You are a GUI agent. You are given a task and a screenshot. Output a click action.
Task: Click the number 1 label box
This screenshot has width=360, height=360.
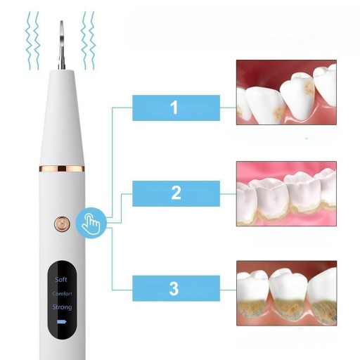click(x=176, y=108)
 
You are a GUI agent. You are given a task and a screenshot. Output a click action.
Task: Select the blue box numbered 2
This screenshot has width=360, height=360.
click(x=176, y=193)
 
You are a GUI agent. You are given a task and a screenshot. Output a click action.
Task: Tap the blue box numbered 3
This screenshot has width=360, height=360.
click(x=176, y=288)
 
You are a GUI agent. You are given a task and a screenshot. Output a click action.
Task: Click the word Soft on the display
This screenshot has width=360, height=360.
click(x=61, y=279)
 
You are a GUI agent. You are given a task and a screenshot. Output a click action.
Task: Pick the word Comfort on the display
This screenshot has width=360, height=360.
click(x=62, y=294)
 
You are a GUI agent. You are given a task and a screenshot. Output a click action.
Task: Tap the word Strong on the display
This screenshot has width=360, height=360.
click(x=62, y=307)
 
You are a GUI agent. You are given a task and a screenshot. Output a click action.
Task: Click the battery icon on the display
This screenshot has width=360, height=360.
click(x=62, y=321)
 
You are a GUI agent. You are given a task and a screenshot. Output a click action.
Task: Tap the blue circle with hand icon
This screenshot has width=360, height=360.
click(x=91, y=223)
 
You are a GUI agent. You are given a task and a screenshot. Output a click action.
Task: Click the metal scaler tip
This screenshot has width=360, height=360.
click(x=62, y=45)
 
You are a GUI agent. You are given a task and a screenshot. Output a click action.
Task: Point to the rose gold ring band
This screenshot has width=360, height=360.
click(x=62, y=169)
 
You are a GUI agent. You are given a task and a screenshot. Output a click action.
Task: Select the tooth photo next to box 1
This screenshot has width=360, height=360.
click(x=286, y=92)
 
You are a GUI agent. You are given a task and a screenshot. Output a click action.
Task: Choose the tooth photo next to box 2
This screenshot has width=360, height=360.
click(x=286, y=193)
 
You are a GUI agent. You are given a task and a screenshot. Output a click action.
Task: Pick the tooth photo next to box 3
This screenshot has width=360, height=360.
click(x=286, y=293)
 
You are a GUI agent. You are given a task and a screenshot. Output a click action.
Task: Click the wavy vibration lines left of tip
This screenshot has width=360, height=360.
click(x=32, y=40)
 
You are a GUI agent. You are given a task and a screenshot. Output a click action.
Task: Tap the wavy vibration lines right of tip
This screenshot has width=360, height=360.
click(x=88, y=40)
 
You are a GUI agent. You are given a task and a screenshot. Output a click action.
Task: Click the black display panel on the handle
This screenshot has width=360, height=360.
click(x=62, y=300)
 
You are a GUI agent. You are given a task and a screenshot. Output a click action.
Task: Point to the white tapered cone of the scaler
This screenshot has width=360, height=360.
click(x=62, y=117)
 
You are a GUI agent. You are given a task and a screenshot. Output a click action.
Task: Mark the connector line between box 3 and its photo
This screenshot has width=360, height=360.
click(x=228, y=290)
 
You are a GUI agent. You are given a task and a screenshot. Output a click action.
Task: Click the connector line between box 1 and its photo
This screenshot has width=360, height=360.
click(x=228, y=108)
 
